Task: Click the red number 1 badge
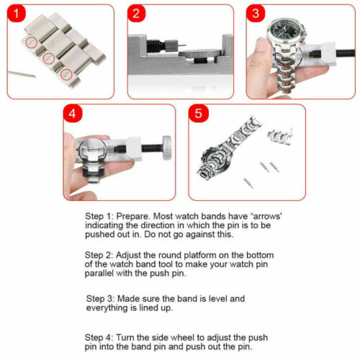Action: tap(17, 15)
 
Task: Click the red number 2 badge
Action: tap(138, 14)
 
